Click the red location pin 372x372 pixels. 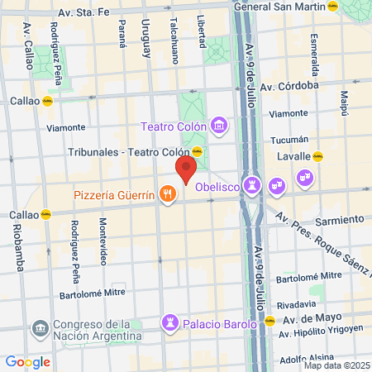tap(185, 170)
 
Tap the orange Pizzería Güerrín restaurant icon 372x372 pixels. tap(168, 194)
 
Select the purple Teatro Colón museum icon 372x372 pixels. tap(219, 126)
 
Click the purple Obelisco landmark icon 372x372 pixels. tap(252, 183)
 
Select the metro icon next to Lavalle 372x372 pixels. tap(328, 155)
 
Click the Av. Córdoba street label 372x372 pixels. tap(289, 85)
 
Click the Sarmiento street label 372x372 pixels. tap(341, 220)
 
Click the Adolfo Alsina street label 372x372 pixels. tap(306, 359)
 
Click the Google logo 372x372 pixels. tap(27, 361)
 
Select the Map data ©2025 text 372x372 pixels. tap(335, 365)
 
